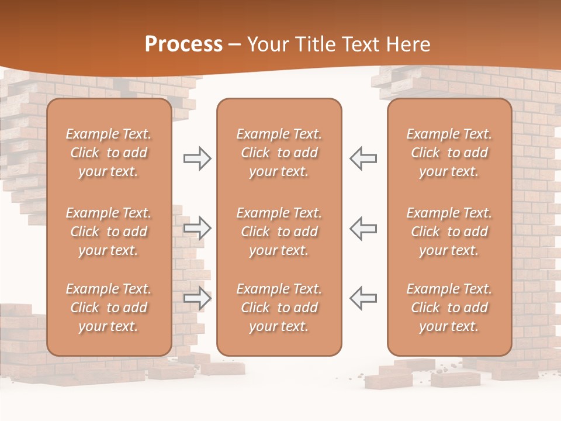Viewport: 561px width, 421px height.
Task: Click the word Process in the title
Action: pos(183,44)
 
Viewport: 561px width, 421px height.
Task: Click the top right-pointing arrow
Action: pos(198,158)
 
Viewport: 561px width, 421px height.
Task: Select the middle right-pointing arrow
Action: pos(198,228)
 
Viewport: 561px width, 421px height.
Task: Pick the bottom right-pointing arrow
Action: pos(198,298)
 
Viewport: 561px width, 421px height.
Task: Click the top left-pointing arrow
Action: pos(363,158)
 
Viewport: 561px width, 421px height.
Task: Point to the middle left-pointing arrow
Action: pos(363,228)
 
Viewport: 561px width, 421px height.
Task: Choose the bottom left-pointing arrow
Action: pos(363,298)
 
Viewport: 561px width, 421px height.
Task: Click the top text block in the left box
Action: pos(109,153)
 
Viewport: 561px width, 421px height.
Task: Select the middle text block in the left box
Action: pos(109,232)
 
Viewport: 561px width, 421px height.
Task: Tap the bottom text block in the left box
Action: pos(109,308)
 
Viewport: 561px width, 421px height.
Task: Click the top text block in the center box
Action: pos(279,153)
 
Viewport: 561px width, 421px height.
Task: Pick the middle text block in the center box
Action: pos(279,232)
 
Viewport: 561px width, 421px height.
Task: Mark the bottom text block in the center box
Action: pos(279,308)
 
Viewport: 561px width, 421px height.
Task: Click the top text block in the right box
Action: pos(449,153)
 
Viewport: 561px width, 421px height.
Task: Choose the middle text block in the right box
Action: pos(449,232)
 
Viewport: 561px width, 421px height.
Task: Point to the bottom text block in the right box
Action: pos(449,308)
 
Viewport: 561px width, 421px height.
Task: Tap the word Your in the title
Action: pos(267,44)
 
